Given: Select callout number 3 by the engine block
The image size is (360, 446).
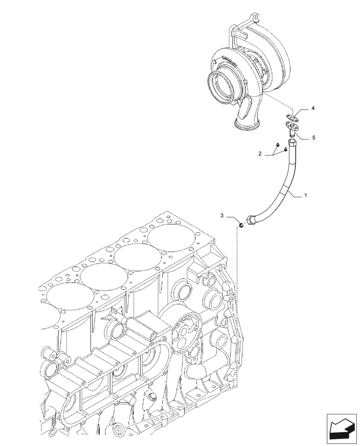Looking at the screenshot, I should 222,216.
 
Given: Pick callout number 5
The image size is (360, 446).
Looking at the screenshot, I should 313,138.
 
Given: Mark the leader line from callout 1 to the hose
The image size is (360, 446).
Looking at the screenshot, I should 296,193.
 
